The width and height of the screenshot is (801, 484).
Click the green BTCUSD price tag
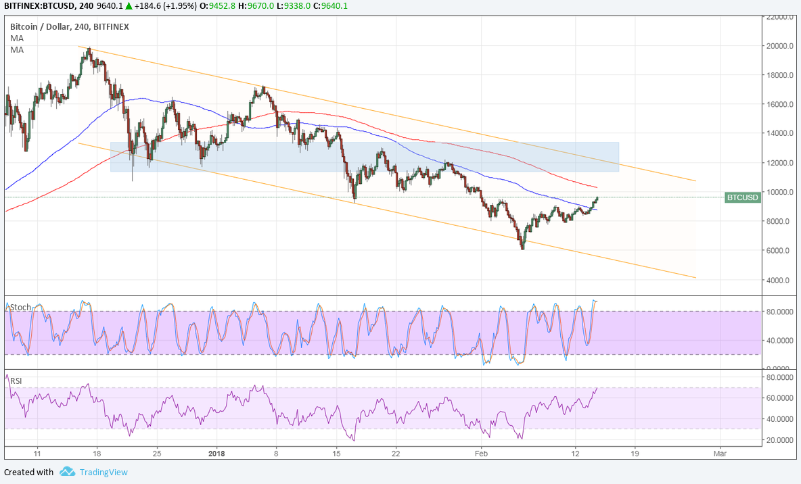pyautogui.click(x=742, y=197)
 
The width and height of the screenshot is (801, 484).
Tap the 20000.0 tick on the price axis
pyautogui.click(x=780, y=46)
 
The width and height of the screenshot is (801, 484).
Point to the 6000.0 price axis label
pyautogui.click(x=780, y=251)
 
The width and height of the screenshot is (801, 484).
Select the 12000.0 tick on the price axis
pyautogui.click(x=780, y=163)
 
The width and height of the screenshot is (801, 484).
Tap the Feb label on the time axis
pyautogui.click(x=481, y=452)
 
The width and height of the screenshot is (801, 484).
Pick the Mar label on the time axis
pyautogui.click(x=720, y=452)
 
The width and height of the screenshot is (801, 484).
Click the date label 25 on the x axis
pyautogui.click(x=157, y=452)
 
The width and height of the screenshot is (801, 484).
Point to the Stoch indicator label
pyautogui.click(x=20, y=307)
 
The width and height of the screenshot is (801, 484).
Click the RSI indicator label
pyautogui.click(x=16, y=381)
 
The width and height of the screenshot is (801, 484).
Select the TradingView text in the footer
pyautogui.click(x=103, y=472)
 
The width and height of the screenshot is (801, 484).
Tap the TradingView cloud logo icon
pyautogui.click(x=67, y=471)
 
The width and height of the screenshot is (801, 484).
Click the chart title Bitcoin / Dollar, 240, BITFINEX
pyautogui.click(x=69, y=27)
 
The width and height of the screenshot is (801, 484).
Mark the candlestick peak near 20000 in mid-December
pyautogui.click(x=89, y=49)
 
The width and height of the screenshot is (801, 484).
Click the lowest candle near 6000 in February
pyautogui.click(x=522, y=248)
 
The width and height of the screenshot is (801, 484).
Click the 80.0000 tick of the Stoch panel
pyautogui.click(x=780, y=312)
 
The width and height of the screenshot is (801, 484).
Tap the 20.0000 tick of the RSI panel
pyautogui.click(x=780, y=440)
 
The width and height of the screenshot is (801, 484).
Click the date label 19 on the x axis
pyautogui.click(x=634, y=452)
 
